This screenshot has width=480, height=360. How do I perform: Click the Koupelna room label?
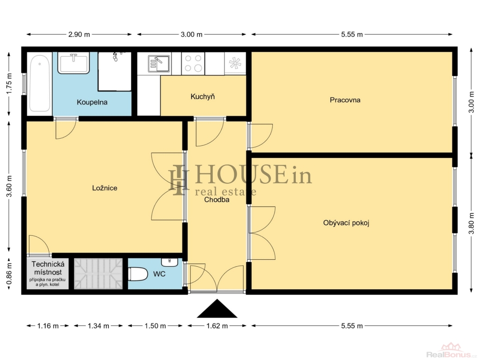click(x=92, y=102)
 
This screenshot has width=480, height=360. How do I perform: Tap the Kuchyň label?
click(x=202, y=97)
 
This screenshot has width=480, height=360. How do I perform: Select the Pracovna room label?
click(x=345, y=100)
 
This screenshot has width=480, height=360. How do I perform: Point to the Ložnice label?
click(x=105, y=188)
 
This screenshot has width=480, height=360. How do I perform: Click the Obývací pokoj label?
click(x=346, y=223)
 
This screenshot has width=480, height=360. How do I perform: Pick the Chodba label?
click(x=217, y=200)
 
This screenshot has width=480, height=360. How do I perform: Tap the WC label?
click(x=159, y=274)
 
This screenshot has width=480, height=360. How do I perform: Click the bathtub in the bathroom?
click(x=40, y=83)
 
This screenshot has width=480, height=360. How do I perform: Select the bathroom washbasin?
click(x=74, y=63)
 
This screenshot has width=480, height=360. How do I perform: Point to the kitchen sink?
click(x=158, y=64)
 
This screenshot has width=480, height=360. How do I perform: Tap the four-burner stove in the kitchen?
click(x=193, y=63)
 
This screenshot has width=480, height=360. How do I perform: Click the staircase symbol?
click(x=98, y=274)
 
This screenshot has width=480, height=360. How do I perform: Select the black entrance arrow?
click(x=217, y=308)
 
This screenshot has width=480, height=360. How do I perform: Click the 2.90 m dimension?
click(x=79, y=34)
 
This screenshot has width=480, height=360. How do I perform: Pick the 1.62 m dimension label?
click(x=217, y=326)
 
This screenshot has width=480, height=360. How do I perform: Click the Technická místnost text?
click(x=48, y=268)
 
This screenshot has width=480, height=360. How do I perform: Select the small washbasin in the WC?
click(x=169, y=262)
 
